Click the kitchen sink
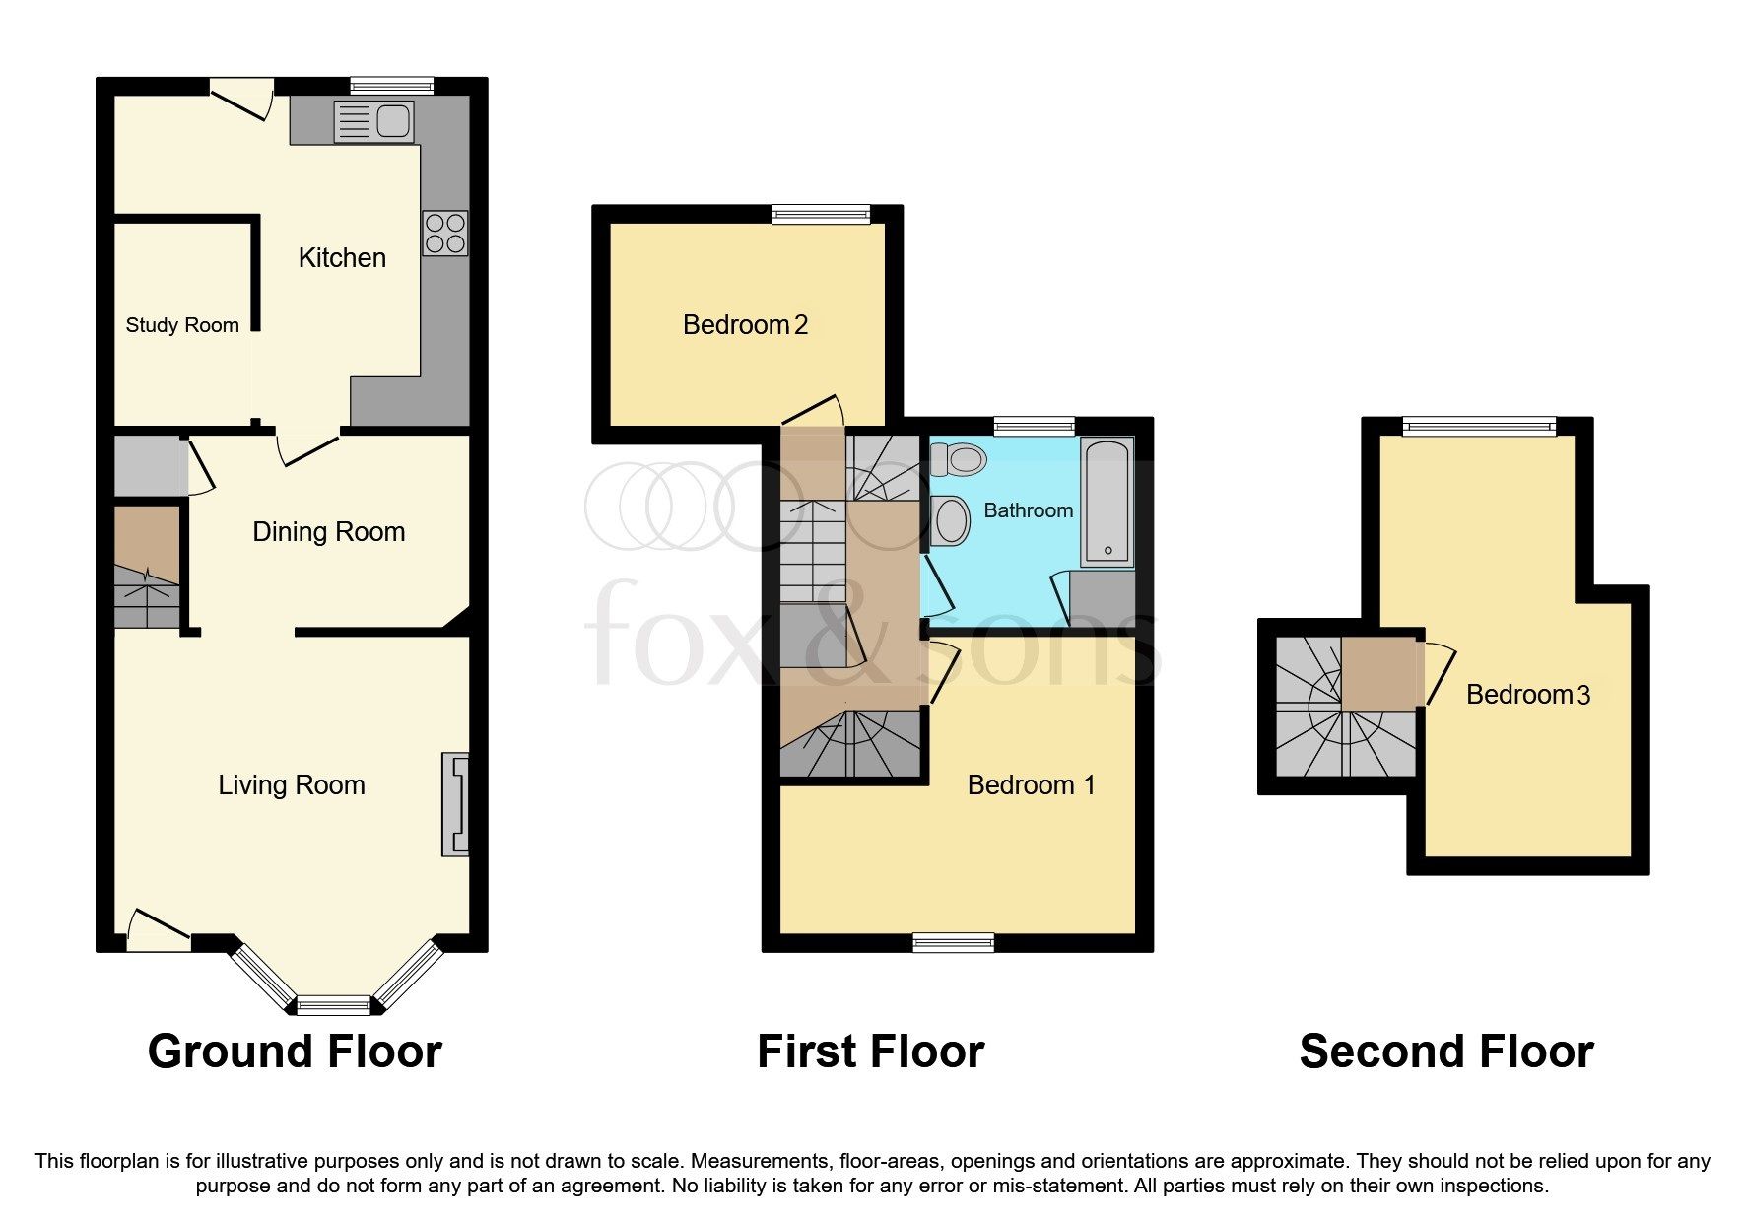click(x=373, y=122)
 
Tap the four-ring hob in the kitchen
click(x=444, y=234)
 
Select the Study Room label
click(x=182, y=325)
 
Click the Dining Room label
click(x=328, y=532)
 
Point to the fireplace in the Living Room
click(x=455, y=804)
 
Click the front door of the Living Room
click(x=158, y=931)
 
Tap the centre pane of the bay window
click(x=334, y=1005)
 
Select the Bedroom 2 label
click(x=745, y=324)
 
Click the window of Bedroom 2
click(x=821, y=214)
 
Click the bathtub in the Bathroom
click(x=1107, y=502)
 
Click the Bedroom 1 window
click(x=953, y=942)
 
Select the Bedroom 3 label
click(x=1527, y=695)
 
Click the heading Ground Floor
click(x=295, y=1052)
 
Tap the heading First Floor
click(x=870, y=1052)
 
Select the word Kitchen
click(x=342, y=258)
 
